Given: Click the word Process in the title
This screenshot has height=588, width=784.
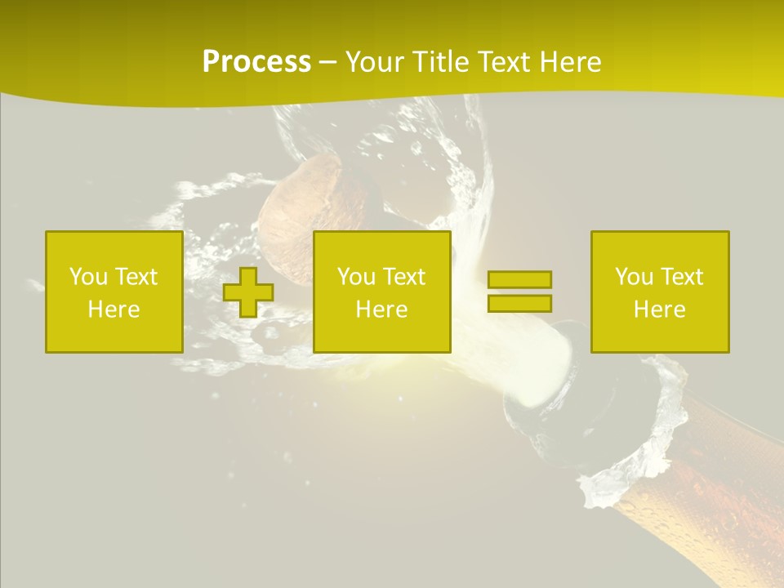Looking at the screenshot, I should click(256, 62).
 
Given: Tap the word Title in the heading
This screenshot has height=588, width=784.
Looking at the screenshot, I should click(441, 62).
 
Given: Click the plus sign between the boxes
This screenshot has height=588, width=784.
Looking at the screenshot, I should click(248, 292).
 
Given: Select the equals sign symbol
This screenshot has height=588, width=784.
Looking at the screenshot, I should click(519, 292).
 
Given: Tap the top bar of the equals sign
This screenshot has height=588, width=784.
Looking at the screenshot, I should click(519, 280).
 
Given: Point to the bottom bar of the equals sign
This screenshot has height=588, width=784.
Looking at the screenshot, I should click(519, 303).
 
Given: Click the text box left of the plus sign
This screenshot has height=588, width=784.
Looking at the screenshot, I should click(114, 292).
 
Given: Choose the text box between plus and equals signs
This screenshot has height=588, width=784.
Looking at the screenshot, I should click(382, 292).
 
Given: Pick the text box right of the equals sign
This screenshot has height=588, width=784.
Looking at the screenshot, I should click(660, 292).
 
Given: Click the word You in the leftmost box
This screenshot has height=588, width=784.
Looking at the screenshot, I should click(88, 277).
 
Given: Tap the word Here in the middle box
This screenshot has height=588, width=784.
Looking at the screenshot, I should click(382, 310).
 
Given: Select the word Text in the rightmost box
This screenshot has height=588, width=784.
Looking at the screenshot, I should click(682, 277).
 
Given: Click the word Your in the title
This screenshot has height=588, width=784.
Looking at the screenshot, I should click(376, 62).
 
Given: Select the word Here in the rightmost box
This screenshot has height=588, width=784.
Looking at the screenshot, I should click(660, 310).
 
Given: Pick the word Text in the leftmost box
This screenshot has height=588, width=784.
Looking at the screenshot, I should click(136, 277).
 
